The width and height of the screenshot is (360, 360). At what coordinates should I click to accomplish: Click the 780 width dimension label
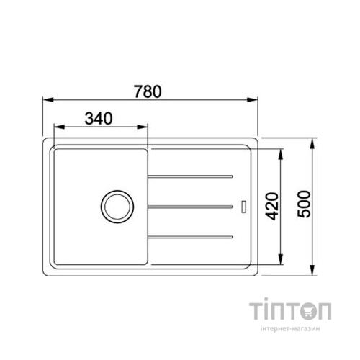point(148,91)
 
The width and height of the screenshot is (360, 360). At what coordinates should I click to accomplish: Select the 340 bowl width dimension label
point(99,118)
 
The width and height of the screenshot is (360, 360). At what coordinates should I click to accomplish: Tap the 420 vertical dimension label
point(273,206)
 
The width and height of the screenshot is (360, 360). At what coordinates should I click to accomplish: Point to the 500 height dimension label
point(304,204)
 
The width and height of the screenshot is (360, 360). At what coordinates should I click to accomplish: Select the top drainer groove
point(190,177)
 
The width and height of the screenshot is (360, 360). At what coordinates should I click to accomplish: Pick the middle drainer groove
point(190,207)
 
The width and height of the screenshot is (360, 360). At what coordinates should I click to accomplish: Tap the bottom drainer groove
point(190,237)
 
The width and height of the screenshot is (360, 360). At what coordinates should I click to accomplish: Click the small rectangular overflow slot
point(243,207)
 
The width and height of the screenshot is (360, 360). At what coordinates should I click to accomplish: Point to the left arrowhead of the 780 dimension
point(48,99)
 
